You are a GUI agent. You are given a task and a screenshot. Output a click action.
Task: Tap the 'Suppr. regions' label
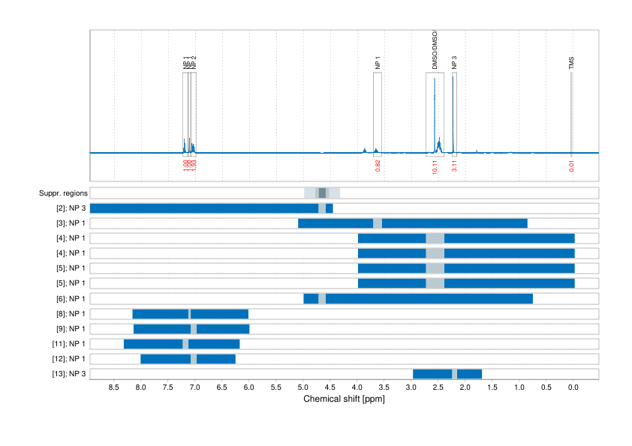63,193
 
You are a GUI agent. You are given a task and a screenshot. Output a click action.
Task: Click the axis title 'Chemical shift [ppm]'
344,399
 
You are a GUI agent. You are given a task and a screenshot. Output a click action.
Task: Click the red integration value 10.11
435,167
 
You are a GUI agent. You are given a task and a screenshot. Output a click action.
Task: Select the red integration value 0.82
378,166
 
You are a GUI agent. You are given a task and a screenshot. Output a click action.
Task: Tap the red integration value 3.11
454,166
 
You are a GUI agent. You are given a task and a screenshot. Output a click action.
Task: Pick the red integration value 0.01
571,166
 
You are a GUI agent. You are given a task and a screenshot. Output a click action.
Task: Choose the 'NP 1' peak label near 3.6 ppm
378,63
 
